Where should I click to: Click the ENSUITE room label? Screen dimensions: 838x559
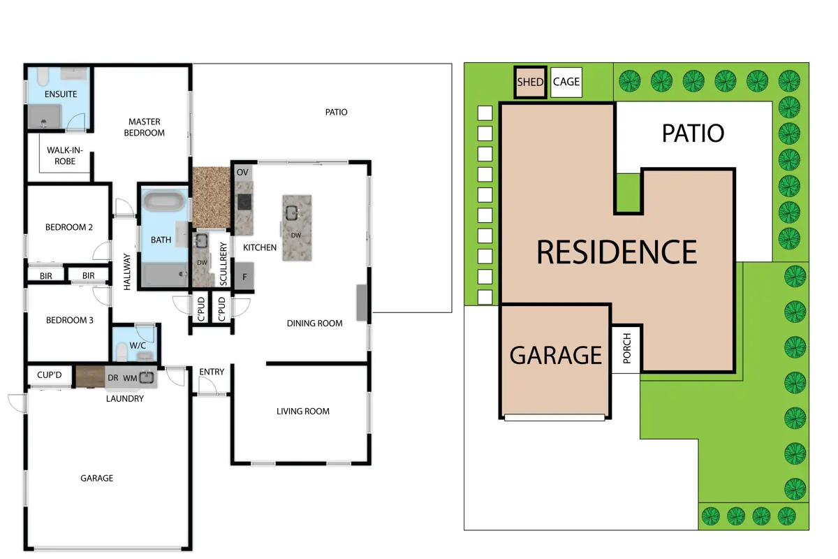click(61, 94)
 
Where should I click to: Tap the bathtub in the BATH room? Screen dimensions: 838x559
click(164, 201)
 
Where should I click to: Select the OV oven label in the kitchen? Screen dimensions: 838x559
click(242, 172)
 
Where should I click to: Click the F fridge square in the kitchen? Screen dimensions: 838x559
click(244, 276)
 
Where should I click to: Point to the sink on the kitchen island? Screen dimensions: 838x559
click(292, 213)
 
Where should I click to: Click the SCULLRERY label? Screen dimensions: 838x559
click(223, 263)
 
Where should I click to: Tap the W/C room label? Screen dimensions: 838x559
click(138, 345)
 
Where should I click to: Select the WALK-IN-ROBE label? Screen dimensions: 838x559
click(65, 156)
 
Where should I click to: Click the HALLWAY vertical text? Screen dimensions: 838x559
click(127, 272)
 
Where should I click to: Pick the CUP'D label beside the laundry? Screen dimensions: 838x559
click(50, 375)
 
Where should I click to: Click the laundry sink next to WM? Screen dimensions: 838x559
click(147, 377)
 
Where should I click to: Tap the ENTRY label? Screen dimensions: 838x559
click(212, 372)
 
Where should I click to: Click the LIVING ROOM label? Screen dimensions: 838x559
click(303, 411)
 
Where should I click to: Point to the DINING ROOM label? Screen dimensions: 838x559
click(315, 323)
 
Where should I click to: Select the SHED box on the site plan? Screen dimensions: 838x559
click(531, 82)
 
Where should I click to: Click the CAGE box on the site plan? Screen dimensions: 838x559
click(566, 82)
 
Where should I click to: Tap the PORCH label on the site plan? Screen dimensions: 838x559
click(627, 348)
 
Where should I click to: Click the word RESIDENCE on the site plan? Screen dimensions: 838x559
click(617, 252)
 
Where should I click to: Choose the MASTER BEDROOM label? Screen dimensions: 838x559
click(145, 127)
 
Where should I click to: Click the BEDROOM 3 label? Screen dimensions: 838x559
click(70, 320)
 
